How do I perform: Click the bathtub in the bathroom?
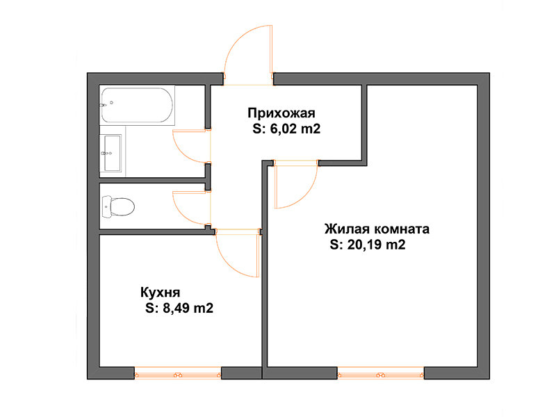click(137, 105)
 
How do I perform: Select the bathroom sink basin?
click(113, 153)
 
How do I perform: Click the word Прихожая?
click(281, 113)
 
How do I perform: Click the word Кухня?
click(161, 293)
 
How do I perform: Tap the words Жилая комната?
click(377, 229)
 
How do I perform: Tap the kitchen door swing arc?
click(229, 263)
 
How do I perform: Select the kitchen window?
click(178, 373)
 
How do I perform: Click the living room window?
click(380, 373)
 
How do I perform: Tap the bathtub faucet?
click(103, 105)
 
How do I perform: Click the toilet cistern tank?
click(106, 206)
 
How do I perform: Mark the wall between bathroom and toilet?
click(152, 180)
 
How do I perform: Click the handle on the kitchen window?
click(178, 375)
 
